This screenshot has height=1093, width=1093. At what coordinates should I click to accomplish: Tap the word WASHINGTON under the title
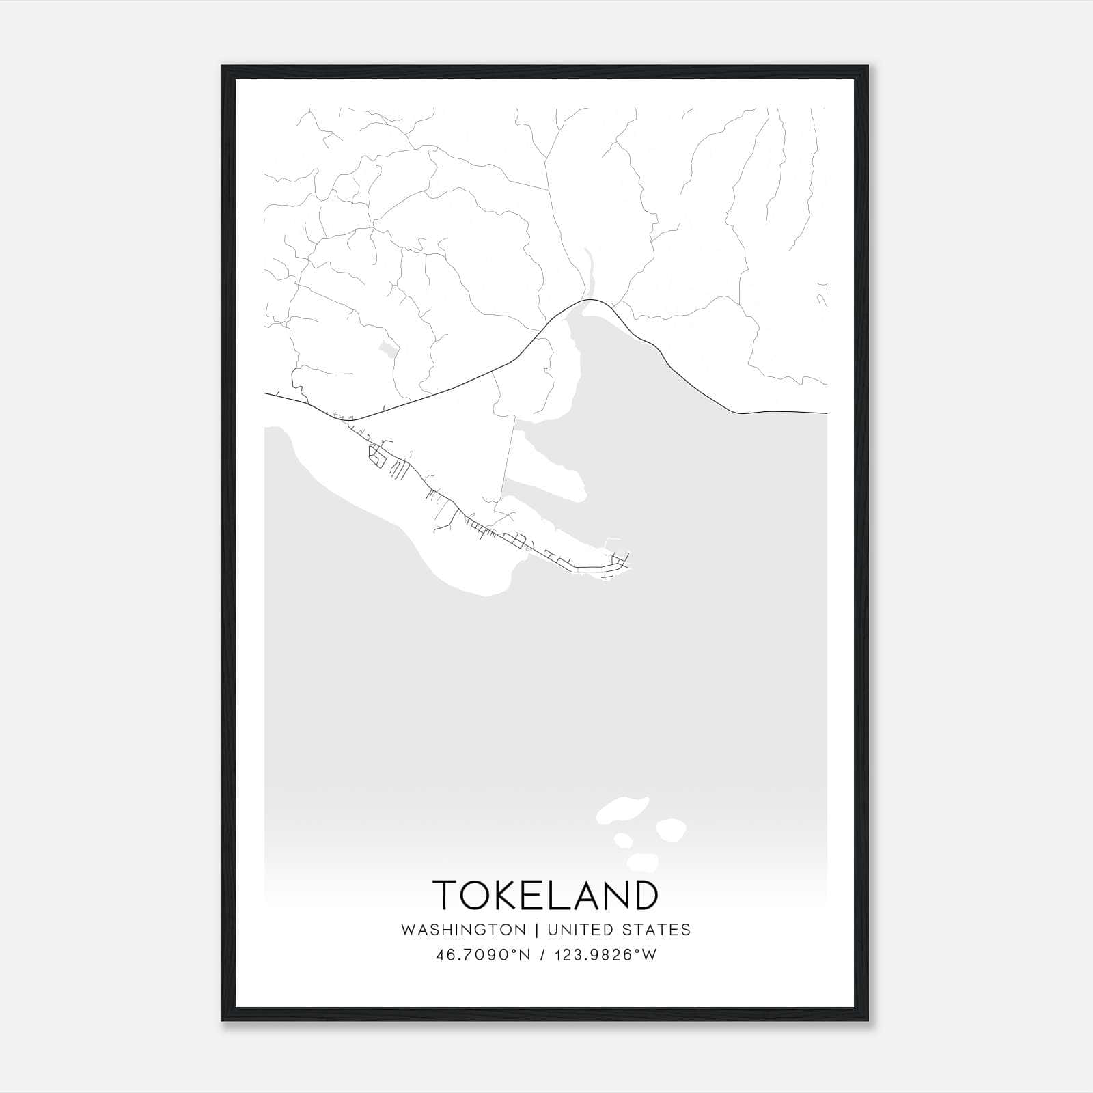point(463,930)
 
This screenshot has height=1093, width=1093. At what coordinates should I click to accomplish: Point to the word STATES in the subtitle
point(656,930)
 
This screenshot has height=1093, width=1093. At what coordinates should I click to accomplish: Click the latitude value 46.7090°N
point(483,955)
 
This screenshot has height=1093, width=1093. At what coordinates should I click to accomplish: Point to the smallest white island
point(622,840)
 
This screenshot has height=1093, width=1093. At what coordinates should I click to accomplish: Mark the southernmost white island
point(643,861)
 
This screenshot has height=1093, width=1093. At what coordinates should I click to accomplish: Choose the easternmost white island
point(671,829)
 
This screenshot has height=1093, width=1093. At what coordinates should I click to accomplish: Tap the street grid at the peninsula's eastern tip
point(617,564)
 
